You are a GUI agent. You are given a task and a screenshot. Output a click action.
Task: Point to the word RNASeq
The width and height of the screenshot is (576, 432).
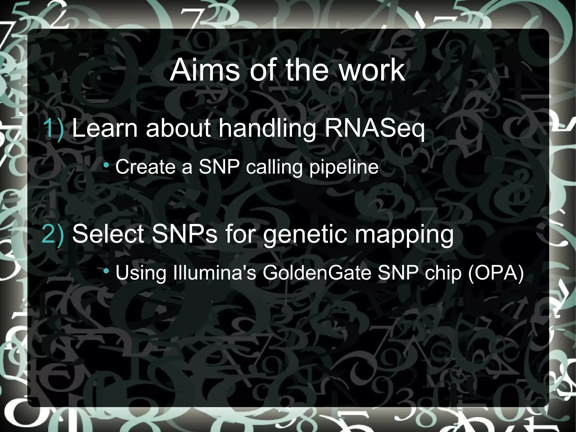click(374, 128)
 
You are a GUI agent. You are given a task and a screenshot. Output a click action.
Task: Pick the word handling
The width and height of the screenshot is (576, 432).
click(267, 128)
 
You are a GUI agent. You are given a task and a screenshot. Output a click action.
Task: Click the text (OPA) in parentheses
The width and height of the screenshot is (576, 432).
click(496, 273)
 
